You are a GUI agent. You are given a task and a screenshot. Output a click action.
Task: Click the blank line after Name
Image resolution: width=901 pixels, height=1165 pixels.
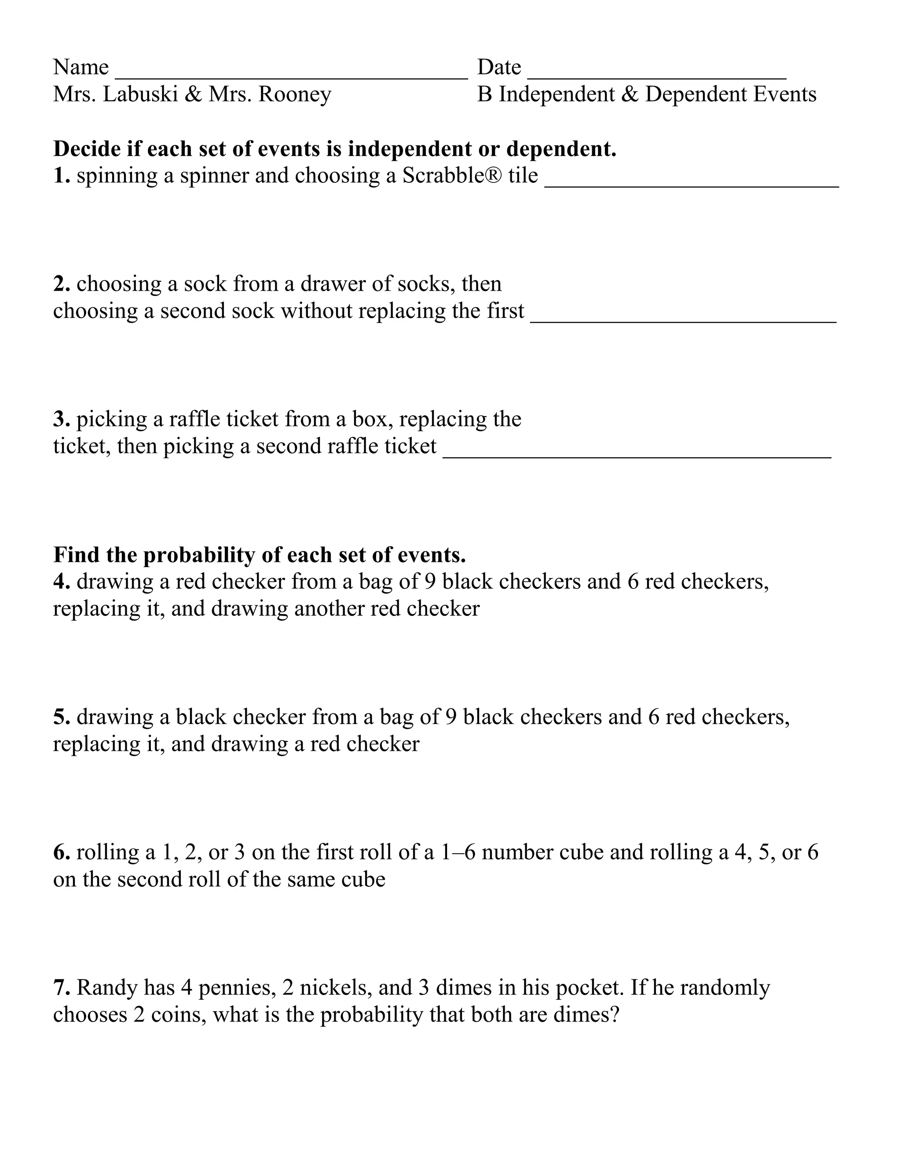[x=291, y=75]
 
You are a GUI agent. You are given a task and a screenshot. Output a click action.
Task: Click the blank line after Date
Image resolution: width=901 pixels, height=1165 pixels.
[x=656, y=75]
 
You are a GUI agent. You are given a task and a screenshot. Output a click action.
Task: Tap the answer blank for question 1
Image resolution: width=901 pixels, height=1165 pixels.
[x=691, y=183]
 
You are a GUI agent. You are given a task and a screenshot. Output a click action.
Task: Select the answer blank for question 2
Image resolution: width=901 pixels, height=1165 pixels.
[x=683, y=318]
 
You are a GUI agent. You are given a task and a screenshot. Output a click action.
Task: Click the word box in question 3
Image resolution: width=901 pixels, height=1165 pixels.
[x=372, y=419]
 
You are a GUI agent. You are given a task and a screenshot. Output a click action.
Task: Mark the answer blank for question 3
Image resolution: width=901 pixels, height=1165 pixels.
[x=637, y=454]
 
